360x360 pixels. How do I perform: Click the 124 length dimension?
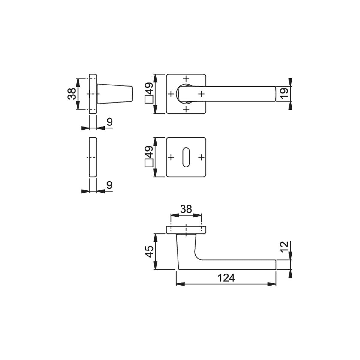(x=226, y=278)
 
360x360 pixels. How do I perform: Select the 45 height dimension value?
(x=150, y=252)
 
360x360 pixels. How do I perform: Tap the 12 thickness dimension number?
(x=285, y=247)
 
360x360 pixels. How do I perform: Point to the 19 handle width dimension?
(x=285, y=94)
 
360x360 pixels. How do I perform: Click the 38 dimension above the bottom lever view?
(x=186, y=209)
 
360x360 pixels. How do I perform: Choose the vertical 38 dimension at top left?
(x=72, y=94)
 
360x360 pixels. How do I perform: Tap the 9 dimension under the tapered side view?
(x=110, y=122)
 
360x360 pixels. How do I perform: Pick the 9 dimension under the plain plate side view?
(x=110, y=185)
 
